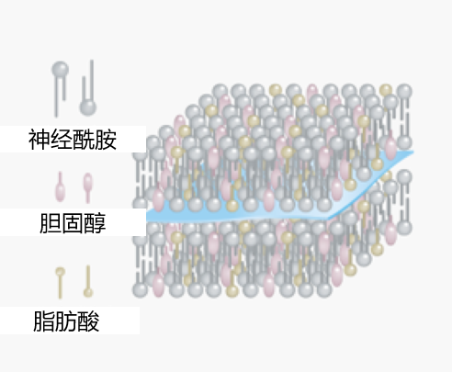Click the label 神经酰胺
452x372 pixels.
coord(73,140)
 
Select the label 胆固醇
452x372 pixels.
coord(73,223)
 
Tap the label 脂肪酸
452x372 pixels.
coord(66,321)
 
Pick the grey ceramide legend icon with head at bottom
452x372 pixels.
coord(88,88)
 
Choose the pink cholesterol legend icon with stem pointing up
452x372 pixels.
coord(60,186)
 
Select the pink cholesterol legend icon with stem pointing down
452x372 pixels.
coord(88,187)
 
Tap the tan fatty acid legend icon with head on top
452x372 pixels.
coord(60,283)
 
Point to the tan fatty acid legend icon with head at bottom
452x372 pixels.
coord(88,281)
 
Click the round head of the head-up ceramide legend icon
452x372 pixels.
coord(60,70)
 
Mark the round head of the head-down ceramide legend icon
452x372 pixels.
coord(88,107)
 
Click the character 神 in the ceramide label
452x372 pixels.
coord(40,140)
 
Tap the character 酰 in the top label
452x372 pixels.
coord(84,140)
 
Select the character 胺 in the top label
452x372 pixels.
coord(106,140)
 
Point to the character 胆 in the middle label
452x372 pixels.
coord(51,223)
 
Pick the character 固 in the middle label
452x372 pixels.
coord(73,223)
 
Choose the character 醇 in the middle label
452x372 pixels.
coord(96,223)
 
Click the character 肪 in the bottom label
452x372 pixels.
coord(66,321)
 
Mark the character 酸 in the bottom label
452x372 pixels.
coord(89,321)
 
